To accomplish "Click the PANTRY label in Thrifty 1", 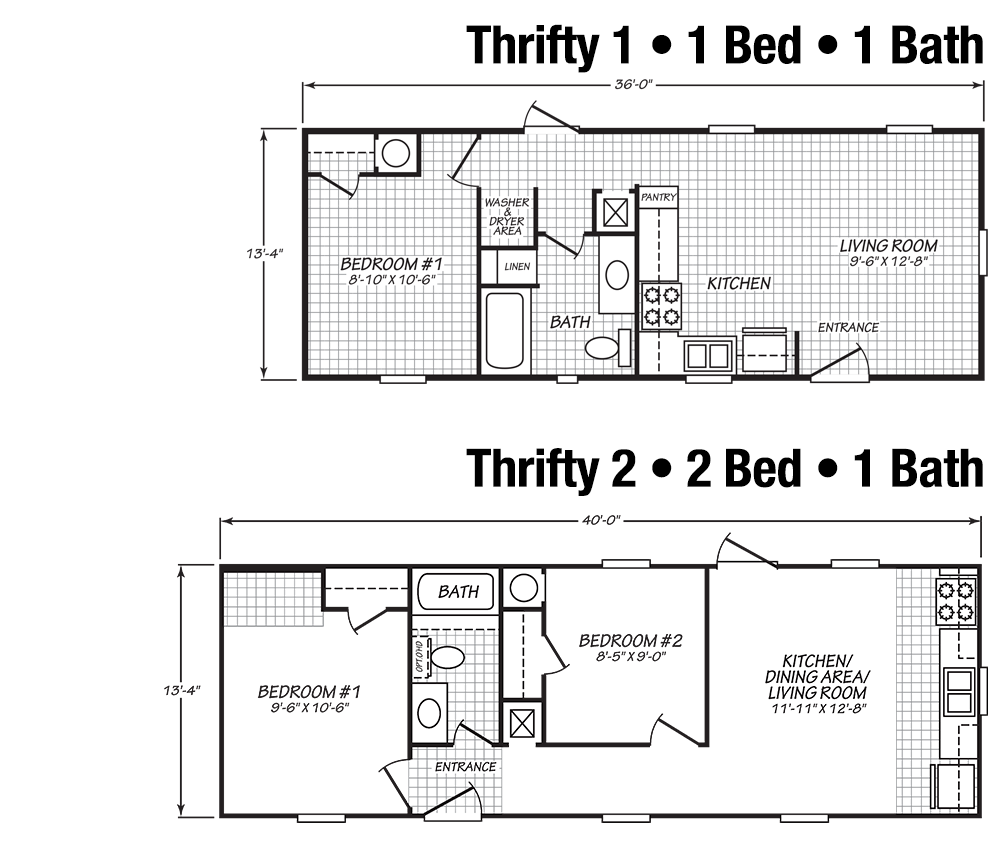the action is (x=658, y=198).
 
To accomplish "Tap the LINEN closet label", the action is (x=517, y=267).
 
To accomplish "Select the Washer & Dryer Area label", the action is (x=507, y=216).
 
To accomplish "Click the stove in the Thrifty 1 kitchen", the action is (x=661, y=306).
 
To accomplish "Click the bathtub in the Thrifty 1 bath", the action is (x=505, y=330).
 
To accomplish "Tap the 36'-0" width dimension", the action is (x=634, y=84).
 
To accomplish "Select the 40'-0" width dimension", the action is (x=601, y=520).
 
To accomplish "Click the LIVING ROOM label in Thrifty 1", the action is (x=888, y=246).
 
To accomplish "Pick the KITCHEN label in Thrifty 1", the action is (x=739, y=283).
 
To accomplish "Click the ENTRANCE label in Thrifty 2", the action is (x=466, y=767).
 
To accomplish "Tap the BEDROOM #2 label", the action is (x=631, y=640).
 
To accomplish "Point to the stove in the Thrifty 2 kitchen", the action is (x=955, y=601).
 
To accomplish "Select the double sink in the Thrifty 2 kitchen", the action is (x=959, y=691).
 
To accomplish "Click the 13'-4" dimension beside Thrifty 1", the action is (x=264, y=253).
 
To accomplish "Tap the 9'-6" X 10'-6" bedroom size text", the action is (x=309, y=707).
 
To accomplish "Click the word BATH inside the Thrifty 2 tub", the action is (x=458, y=592).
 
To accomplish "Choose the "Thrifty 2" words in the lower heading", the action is (x=552, y=469).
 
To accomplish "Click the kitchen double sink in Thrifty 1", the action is (x=707, y=355).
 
